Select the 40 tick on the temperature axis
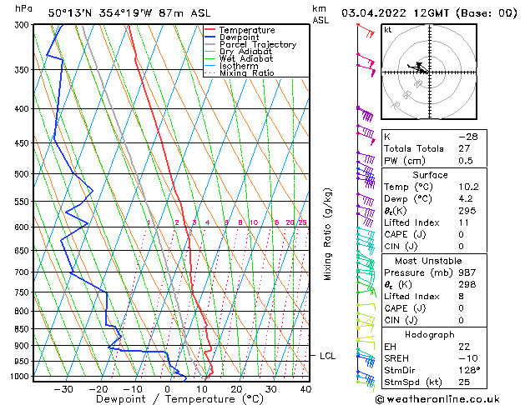(305, 388)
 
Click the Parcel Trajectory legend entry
(257, 44)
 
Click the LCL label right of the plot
(328, 356)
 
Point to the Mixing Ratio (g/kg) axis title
(328, 234)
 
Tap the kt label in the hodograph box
(388, 30)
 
